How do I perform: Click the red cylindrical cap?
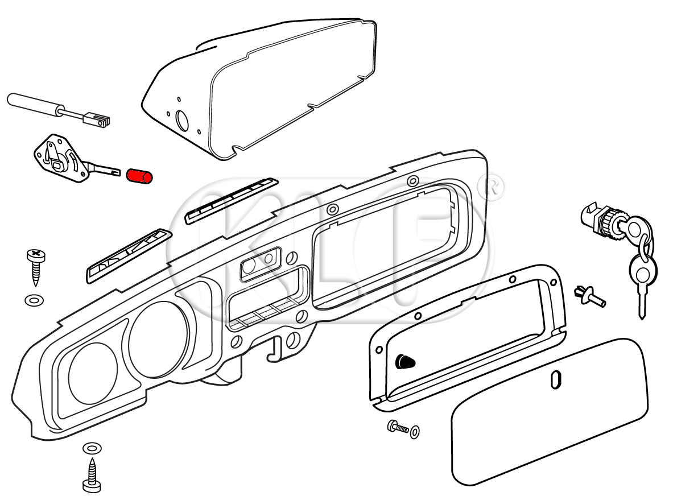[x=139, y=176]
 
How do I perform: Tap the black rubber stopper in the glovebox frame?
[x=404, y=361]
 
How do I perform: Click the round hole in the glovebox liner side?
[x=183, y=121]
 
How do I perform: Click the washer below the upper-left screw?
[x=34, y=299]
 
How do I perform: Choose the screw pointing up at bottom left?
[x=92, y=475]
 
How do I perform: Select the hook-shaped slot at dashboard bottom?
[x=276, y=348]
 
